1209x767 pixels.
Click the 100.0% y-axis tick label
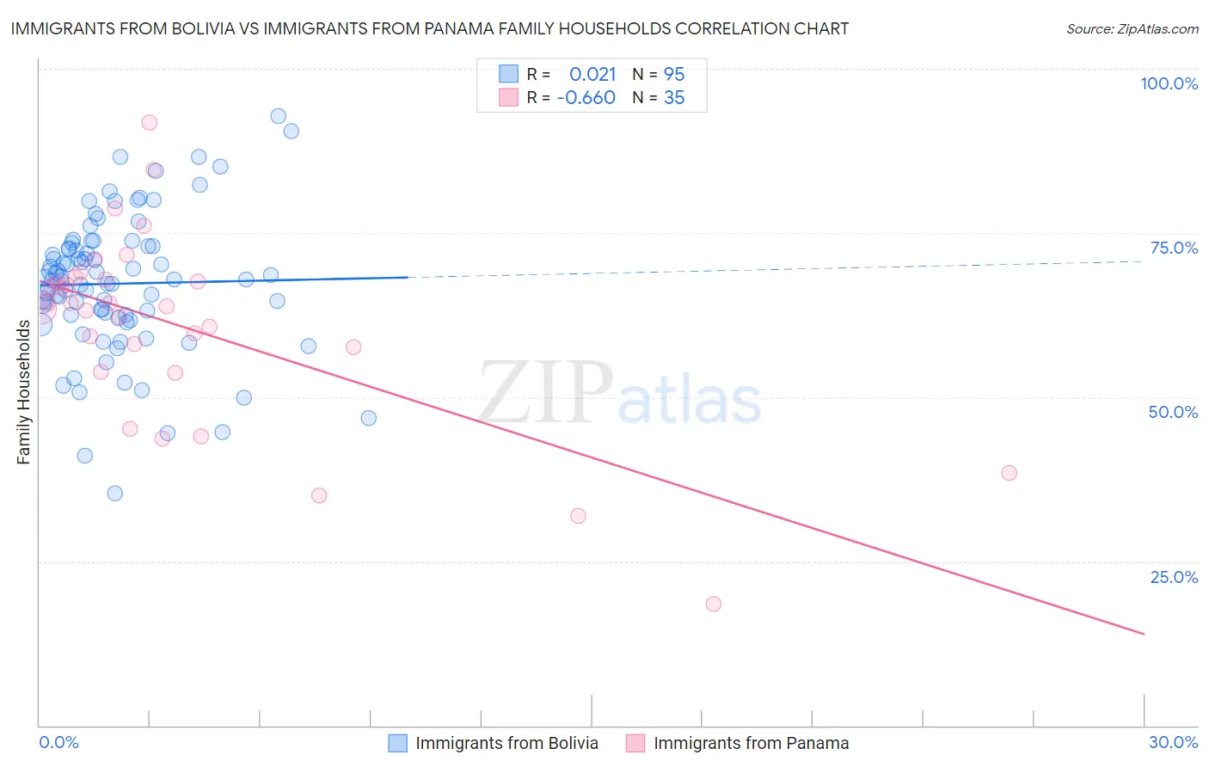(1169, 83)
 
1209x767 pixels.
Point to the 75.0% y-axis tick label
(1174, 248)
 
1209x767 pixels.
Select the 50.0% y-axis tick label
(1173, 412)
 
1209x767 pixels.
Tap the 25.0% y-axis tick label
(1174, 576)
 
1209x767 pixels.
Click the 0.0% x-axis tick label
(58, 742)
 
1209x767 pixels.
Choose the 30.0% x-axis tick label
(1173, 742)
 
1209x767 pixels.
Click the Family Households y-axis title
(24, 391)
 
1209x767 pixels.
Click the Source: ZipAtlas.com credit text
(1132, 28)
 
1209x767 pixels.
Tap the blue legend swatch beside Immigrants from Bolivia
(397, 743)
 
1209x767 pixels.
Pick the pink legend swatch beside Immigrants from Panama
(635, 743)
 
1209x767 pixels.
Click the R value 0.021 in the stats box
(592, 74)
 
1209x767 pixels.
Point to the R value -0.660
(586, 98)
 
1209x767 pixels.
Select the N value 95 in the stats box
(674, 74)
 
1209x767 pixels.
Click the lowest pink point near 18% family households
(713, 604)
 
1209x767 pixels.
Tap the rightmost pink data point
(1009, 473)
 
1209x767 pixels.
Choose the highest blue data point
(278, 116)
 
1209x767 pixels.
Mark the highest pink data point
(149, 122)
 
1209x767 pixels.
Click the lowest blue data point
(114, 493)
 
